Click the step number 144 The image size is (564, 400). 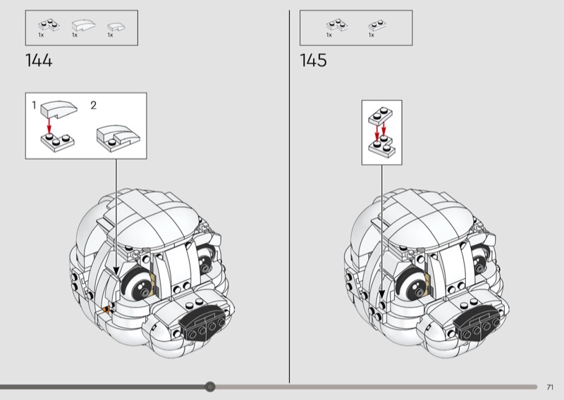[39, 61]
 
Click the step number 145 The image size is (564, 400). [313, 61]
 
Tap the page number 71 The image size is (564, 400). [550, 387]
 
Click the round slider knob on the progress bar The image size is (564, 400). [210, 387]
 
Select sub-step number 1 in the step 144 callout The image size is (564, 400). [34, 106]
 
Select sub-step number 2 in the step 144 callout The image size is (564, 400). [94, 106]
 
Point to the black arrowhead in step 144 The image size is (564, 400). [116, 270]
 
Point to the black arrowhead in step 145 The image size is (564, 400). [381, 294]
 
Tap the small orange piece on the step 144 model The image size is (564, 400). [106, 309]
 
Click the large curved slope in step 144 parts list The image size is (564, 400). [83, 25]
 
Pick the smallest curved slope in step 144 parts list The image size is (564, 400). [116, 27]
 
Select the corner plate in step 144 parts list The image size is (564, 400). [49, 25]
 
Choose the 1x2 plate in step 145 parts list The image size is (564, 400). [377, 25]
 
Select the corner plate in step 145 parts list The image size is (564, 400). [337, 25]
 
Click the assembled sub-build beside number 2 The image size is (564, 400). [118, 138]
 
